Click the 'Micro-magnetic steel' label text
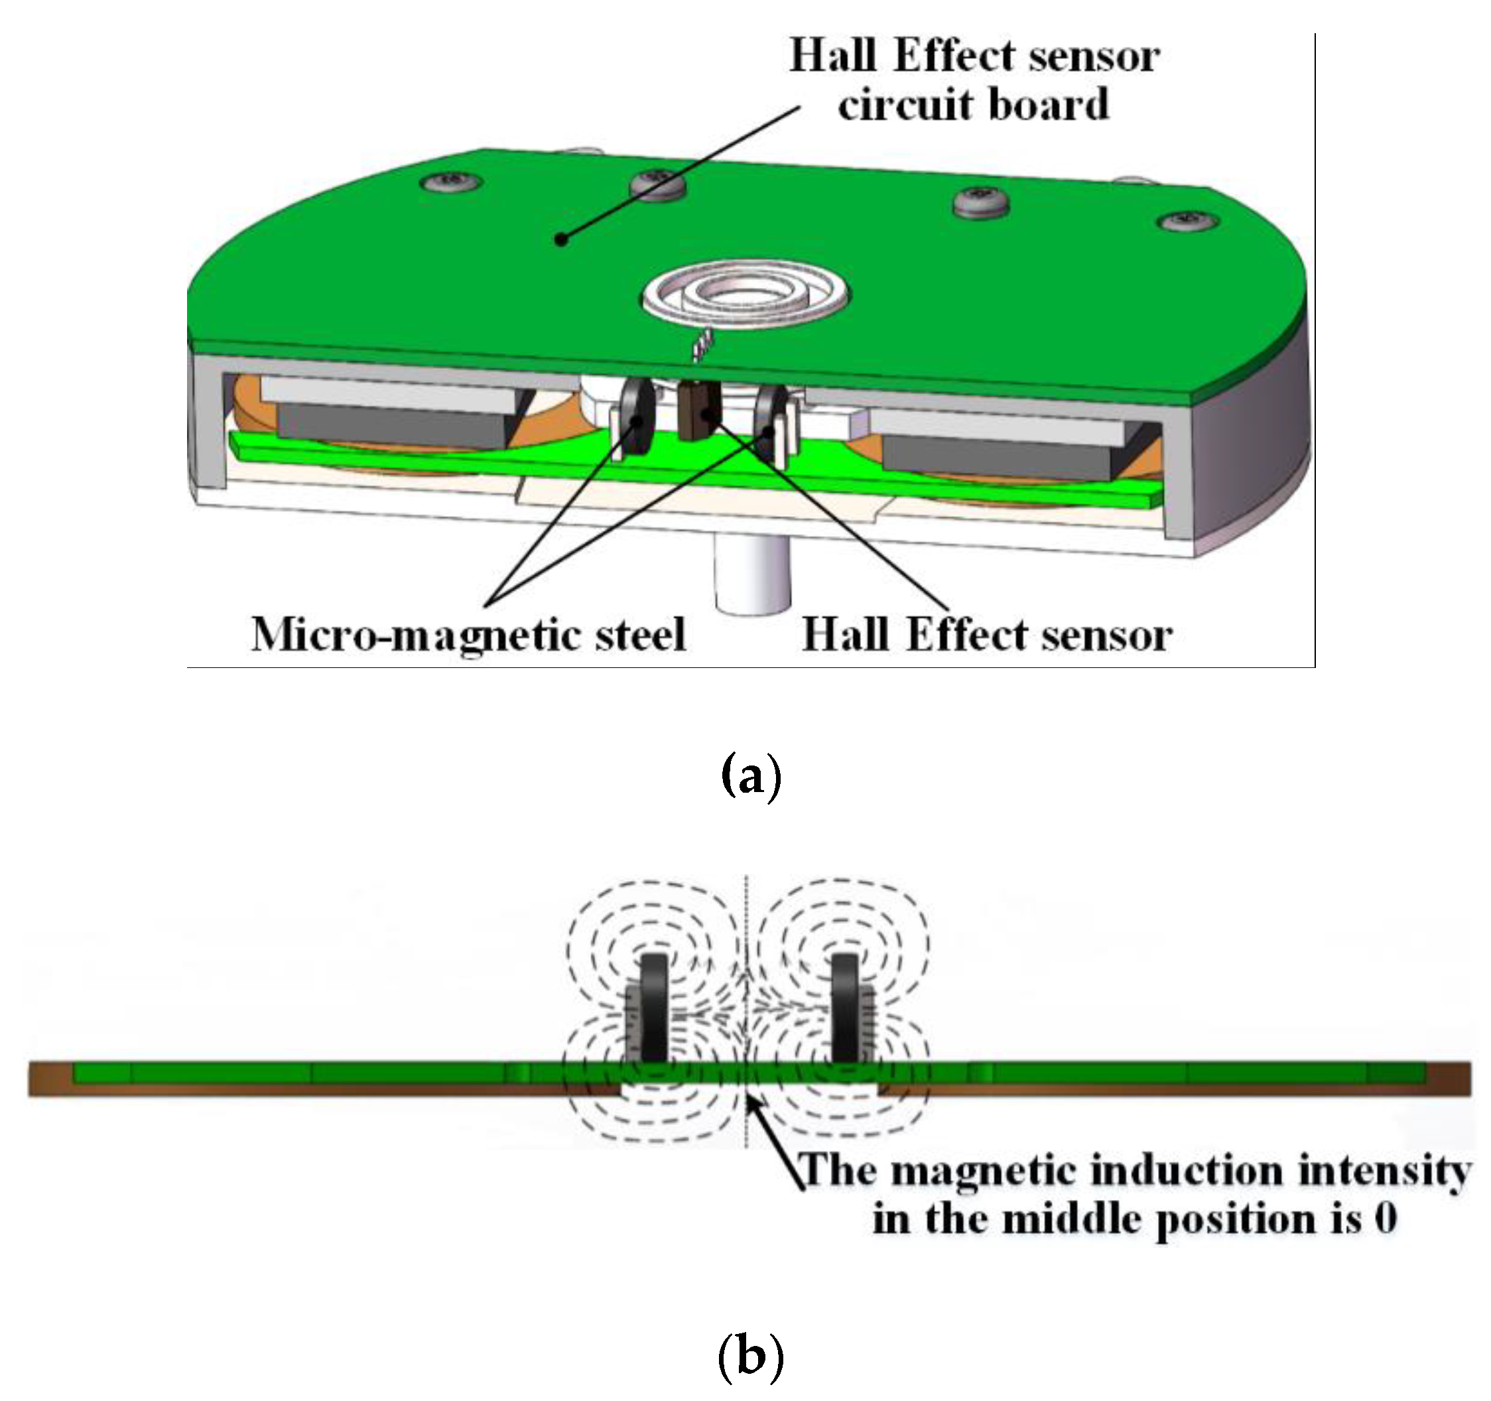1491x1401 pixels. (469, 636)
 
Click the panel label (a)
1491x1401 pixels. (750, 777)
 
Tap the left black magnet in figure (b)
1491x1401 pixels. (654, 1006)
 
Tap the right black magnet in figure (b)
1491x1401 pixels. (845, 1006)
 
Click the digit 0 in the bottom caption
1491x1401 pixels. (1386, 1217)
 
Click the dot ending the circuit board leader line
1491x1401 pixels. (561, 239)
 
